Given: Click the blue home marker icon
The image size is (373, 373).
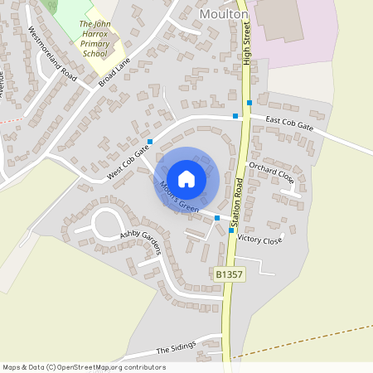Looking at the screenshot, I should pyautogui.click(x=186, y=178).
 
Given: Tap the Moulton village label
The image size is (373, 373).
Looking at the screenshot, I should pyautogui.click(x=225, y=15).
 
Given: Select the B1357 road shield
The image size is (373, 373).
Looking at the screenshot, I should pyautogui.click(x=228, y=274).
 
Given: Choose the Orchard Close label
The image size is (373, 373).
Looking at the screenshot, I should pyautogui.click(x=271, y=172).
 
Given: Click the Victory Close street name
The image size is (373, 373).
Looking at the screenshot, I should pyautogui.click(x=259, y=239).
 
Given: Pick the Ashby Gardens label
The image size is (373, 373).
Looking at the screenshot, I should pyautogui.click(x=140, y=235).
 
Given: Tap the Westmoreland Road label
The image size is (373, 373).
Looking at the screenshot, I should pyautogui.click(x=51, y=52).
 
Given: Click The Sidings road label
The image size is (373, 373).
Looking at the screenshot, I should pyautogui.click(x=175, y=349).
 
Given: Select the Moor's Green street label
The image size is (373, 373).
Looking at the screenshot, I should pyautogui.click(x=178, y=196).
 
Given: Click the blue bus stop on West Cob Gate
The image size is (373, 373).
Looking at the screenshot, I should pyautogui.click(x=151, y=142).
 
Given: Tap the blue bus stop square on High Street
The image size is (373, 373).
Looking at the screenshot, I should pyautogui.click(x=249, y=103).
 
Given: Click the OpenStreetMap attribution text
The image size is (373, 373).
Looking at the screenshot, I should pyautogui.click(x=83, y=366).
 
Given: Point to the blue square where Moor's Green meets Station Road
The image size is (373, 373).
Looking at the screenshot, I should pyautogui.click(x=217, y=217).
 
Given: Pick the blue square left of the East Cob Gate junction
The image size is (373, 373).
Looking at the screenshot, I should pyautogui.click(x=235, y=116).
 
